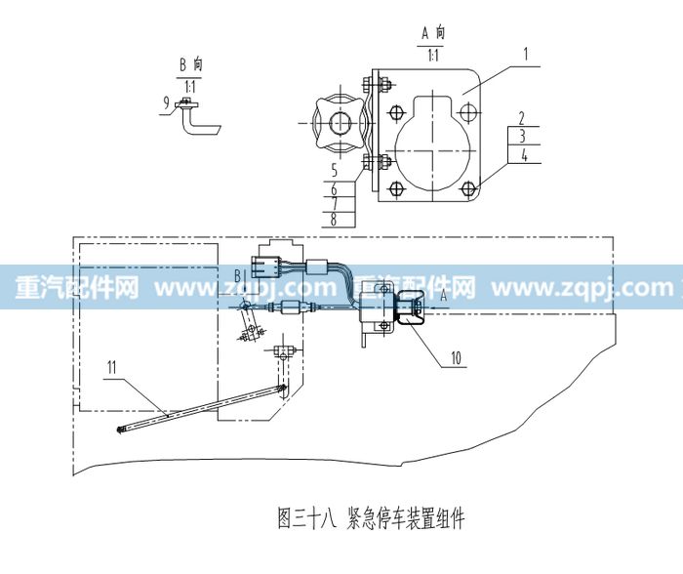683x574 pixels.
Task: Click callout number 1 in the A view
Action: point(526,54)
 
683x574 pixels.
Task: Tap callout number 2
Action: point(522,118)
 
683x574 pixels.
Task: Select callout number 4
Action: point(524,154)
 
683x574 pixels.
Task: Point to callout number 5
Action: point(334,170)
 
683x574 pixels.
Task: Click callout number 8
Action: point(334,219)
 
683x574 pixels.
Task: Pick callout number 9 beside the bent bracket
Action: point(166,102)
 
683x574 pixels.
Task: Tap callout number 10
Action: point(456,358)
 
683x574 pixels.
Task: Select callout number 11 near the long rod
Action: point(112,367)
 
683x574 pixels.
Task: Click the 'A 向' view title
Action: point(433,33)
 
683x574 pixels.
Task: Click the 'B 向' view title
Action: point(191,65)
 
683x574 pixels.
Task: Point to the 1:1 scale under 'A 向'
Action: point(433,56)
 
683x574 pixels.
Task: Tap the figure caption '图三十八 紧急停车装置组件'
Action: point(371,518)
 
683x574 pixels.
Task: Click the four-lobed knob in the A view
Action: point(341,123)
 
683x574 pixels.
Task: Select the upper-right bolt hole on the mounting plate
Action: point(467,111)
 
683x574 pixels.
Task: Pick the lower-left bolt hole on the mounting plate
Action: point(395,189)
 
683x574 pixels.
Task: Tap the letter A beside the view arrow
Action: point(444,296)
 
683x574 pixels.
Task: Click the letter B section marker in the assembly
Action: point(238,276)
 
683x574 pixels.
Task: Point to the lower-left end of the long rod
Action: point(119,430)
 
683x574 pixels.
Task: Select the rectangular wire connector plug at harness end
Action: point(264,267)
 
